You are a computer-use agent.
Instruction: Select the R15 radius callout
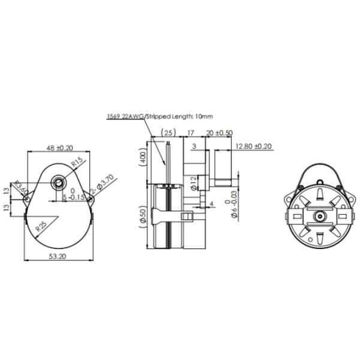tap(77, 163)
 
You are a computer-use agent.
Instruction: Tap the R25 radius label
tap(41, 228)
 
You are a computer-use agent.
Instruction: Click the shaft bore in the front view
tap(59, 182)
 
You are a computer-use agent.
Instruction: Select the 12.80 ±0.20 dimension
tap(254, 146)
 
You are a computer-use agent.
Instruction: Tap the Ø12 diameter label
tap(193, 183)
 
